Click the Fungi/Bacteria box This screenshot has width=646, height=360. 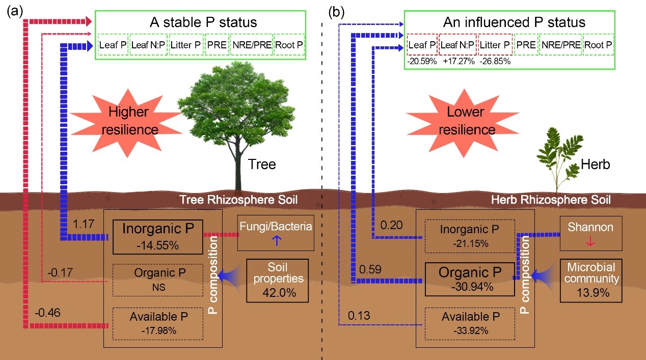pyautogui.click(x=275, y=233)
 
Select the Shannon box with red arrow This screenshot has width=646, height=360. pyautogui.click(x=590, y=233)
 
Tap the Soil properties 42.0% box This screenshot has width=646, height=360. pyautogui.click(x=278, y=280)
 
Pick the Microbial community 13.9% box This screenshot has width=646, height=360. pyautogui.click(x=590, y=280)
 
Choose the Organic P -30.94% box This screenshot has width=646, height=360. pyautogui.click(x=470, y=279)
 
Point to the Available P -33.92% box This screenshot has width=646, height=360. pyautogui.click(x=470, y=323)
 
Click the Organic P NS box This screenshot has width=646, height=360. pyautogui.click(x=158, y=280)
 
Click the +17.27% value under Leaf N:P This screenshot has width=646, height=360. pyautogui.click(x=457, y=61)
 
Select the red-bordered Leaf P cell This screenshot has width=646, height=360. pyautogui.click(x=422, y=45)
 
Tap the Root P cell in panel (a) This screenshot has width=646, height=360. pyautogui.click(x=289, y=45)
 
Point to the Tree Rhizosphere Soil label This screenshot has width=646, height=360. pyautogui.click(x=239, y=200)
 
